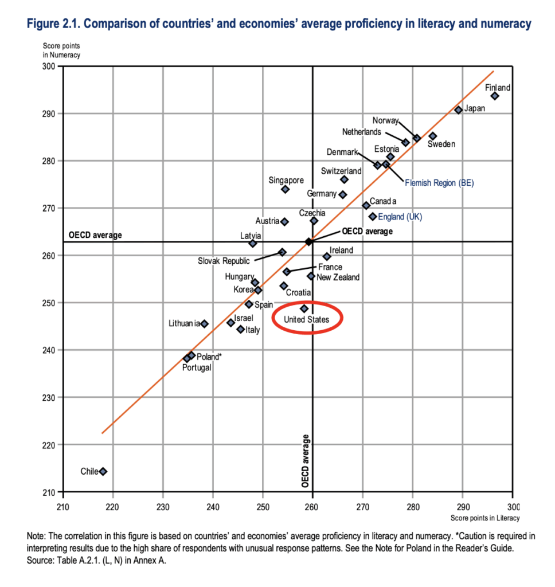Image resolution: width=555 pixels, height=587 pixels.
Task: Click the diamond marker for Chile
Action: [x=103, y=472]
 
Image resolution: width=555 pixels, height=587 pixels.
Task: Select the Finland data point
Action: [x=494, y=96]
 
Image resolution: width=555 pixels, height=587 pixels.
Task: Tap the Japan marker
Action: [x=458, y=109]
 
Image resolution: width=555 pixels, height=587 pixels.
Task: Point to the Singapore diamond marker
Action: [x=285, y=189]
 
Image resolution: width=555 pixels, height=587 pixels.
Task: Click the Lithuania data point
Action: [x=204, y=324]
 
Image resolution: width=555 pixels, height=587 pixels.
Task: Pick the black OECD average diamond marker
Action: [x=308, y=241]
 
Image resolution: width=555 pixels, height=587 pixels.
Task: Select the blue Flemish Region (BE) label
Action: [x=440, y=183]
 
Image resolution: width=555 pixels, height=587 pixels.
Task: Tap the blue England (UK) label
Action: [x=400, y=217]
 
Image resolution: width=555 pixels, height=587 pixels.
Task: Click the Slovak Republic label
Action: [x=224, y=261]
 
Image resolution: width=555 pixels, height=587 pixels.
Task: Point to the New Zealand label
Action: [x=338, y=277]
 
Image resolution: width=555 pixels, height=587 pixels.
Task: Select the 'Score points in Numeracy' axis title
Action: [x=62, y=51]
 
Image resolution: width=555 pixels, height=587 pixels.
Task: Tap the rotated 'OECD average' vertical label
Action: [x=305, y=461]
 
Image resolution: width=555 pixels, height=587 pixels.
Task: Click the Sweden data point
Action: [x=433, y=136]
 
